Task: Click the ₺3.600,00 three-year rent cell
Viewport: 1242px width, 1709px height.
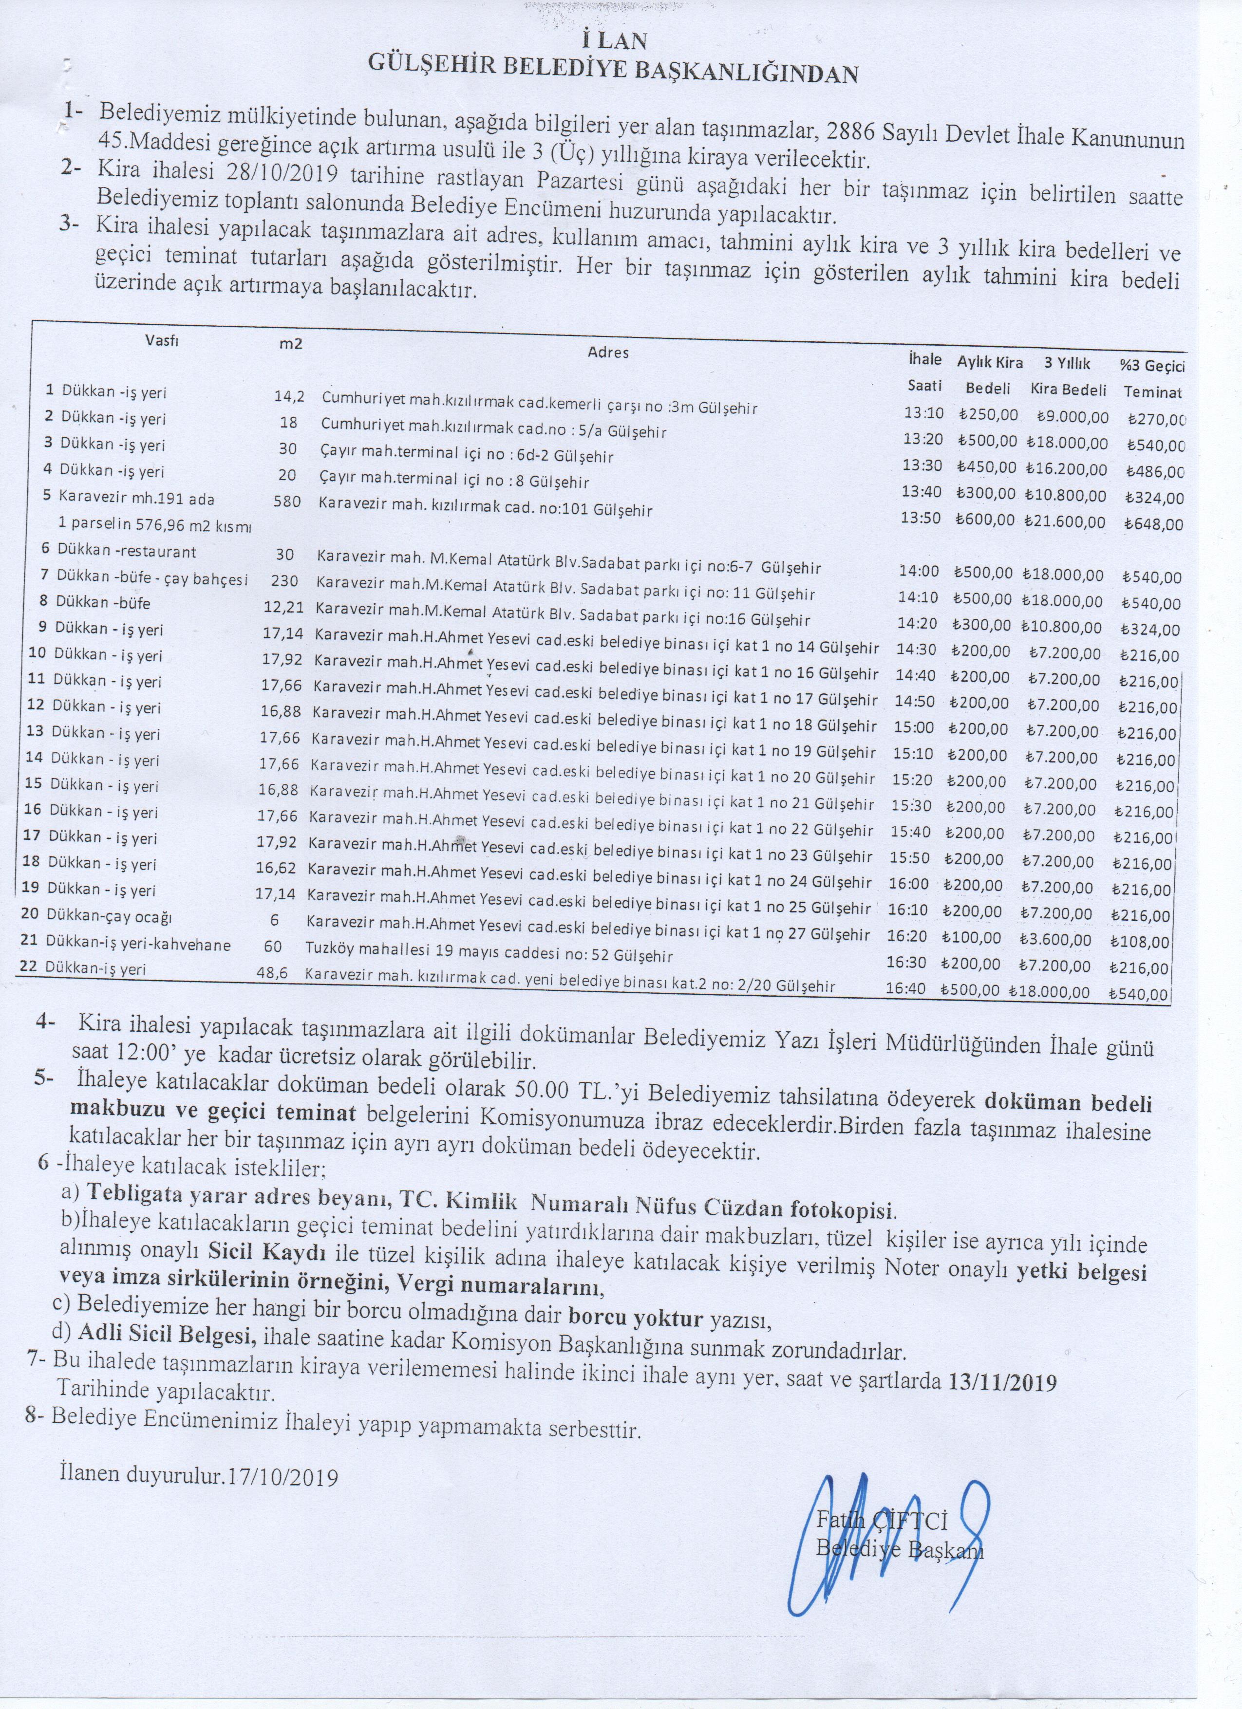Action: point(1054,940)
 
